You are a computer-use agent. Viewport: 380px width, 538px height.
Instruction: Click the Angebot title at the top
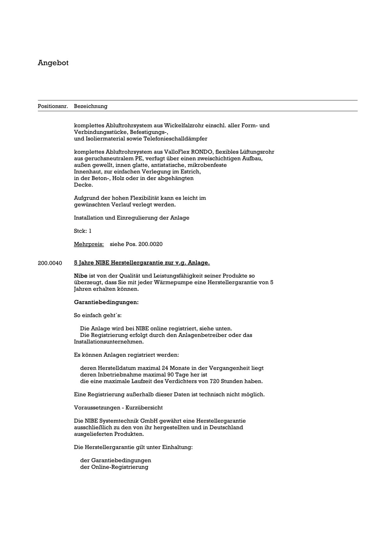[53, 63]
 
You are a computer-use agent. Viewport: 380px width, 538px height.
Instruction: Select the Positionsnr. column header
[53, 106]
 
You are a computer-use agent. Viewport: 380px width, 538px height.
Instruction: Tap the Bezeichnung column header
[90, 106]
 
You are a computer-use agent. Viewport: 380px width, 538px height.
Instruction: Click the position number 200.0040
[50, 263]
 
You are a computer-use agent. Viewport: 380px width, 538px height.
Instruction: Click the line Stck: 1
[83, 231]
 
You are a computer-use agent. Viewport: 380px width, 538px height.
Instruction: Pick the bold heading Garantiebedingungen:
[106, 302]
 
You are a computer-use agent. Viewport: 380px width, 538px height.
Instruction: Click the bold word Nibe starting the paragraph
[80, 276]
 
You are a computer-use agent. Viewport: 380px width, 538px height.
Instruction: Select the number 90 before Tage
[171, 375]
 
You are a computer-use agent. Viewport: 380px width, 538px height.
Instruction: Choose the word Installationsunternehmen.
[109, 342]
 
